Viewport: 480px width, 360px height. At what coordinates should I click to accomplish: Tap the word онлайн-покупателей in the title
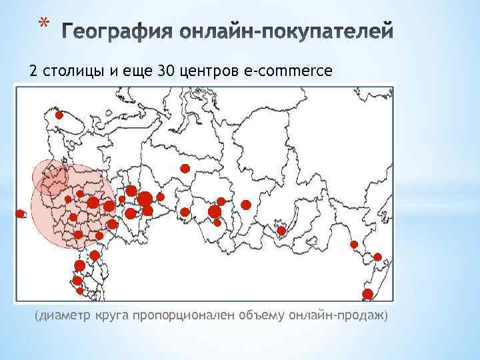(287, 31)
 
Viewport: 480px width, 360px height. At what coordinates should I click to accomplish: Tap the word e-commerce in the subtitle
(288, 71)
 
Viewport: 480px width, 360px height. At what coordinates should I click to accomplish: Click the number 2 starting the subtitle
(31, 71)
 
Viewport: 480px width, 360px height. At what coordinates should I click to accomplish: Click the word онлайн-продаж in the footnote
(337, 315)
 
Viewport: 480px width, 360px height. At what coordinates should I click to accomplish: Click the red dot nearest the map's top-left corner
(59, 115)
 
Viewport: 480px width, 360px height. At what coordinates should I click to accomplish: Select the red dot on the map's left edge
(20, 213)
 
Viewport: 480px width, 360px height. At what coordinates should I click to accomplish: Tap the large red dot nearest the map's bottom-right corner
(367, 294)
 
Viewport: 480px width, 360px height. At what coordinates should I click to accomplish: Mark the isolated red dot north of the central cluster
(185, 168)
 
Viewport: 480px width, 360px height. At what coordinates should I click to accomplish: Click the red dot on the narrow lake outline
(281, 231)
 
